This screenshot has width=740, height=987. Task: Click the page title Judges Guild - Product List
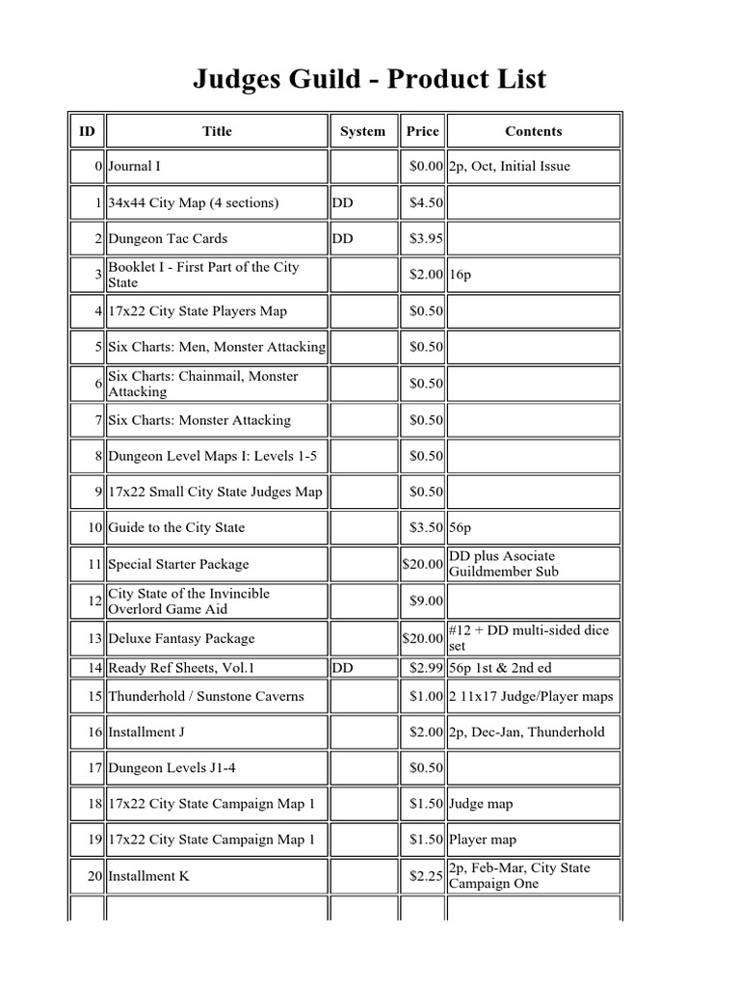pos(369,79)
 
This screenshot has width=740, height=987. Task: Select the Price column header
pos(422,131)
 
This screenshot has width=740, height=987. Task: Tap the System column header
pos(362,131)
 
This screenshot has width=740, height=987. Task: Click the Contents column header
pos(533,131)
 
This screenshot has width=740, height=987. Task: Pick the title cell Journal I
pos(134,166)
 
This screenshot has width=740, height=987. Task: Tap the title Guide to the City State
pos(176,527)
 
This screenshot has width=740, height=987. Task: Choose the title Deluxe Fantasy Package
pos(181,638)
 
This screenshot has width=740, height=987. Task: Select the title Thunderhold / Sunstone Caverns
pos(205,696)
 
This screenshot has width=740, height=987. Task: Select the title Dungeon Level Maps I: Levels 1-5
pos(212,455)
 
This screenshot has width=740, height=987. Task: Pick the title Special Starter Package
pos(178,564)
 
